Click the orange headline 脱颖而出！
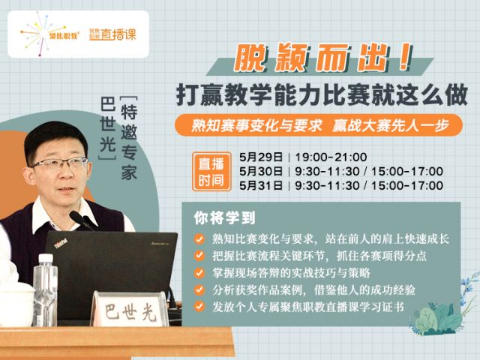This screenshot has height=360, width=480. point(323,58)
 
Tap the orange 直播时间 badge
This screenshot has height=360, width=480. point(211,172)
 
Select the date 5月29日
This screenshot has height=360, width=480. point(261,157)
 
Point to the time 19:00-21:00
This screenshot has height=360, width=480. point(331,157)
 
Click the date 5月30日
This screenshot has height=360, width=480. point(261,171)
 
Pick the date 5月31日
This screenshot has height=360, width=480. point(261,185)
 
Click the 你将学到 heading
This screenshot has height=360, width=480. point(224,217)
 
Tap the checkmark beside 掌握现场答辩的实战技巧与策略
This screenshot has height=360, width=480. point(199,273)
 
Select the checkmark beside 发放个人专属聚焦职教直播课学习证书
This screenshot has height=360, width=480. point(199,307)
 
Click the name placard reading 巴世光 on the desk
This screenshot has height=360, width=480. point(130,309)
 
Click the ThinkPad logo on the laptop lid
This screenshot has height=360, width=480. point(61,244)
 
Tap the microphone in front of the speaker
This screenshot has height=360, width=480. point(82,220)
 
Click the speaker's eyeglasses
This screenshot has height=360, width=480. point(60,164)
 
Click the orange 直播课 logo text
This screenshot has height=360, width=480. point(118,34)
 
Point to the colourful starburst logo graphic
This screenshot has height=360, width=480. point(37,33)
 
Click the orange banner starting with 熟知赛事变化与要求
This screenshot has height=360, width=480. point(318,125)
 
